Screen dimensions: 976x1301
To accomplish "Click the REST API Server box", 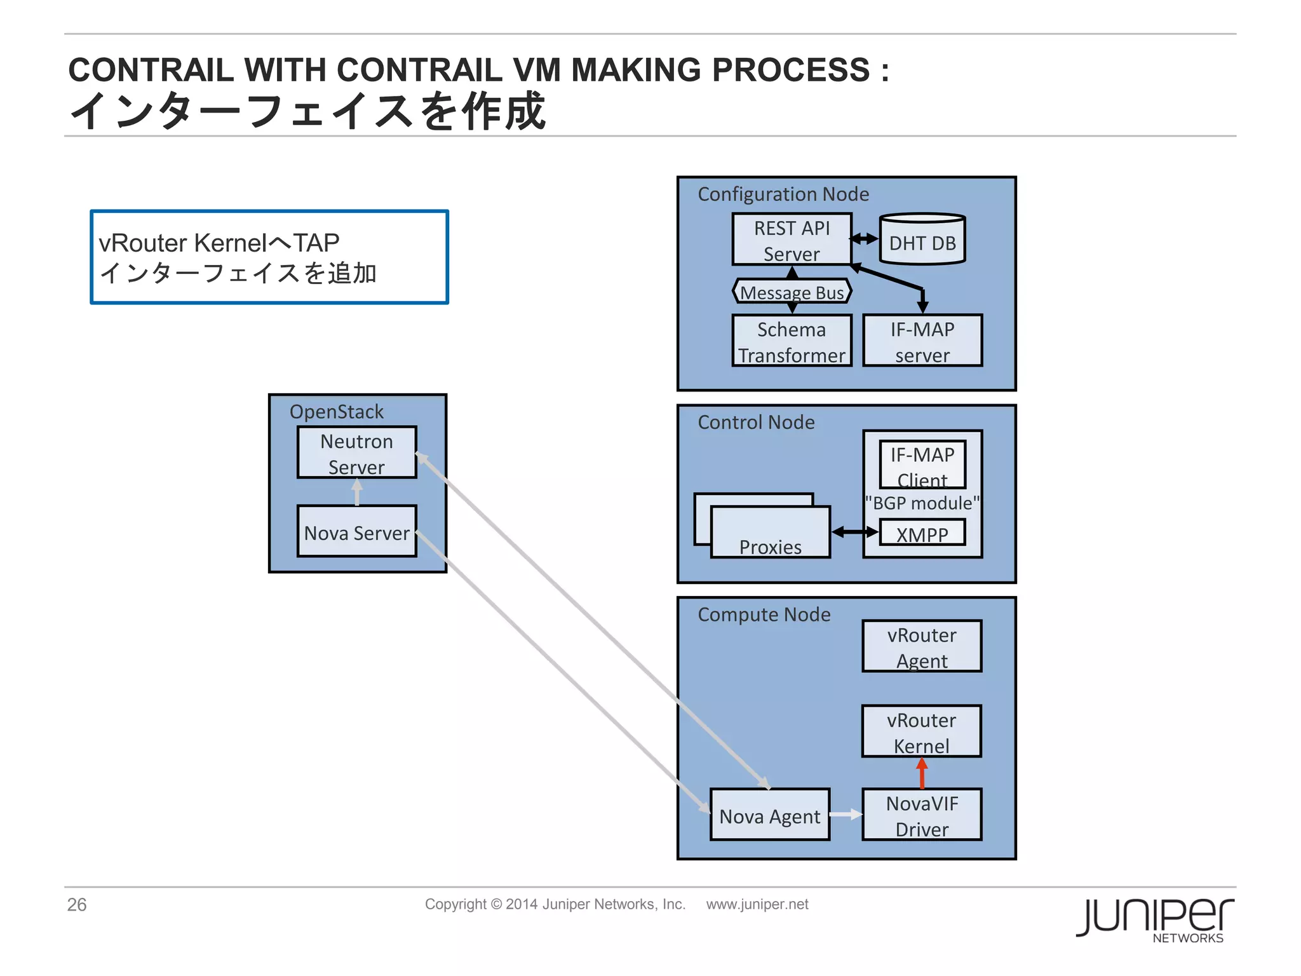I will tap(792, 240).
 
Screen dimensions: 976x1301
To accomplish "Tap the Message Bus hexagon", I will tap(792, 292).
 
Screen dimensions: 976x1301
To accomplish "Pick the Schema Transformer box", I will tap(792, 341).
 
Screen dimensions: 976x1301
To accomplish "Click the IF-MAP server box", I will tap(922, 341).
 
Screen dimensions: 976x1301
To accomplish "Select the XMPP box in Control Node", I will tap(922, 533).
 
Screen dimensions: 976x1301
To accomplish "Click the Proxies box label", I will tap(770, 546).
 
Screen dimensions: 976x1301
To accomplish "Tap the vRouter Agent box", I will tap(922, 646).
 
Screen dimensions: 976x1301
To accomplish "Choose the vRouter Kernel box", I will tap(921, 731).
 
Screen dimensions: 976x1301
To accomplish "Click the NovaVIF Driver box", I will tap(922, 815).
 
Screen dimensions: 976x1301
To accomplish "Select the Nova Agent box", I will tap(769, 815).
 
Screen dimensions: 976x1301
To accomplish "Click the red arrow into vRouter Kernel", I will tap(922, 773).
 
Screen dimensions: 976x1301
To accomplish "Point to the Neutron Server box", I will tap(356, 452).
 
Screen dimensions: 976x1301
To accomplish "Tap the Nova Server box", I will tap(356, 532).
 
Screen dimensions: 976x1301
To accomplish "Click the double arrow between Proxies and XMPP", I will tap(854, 532).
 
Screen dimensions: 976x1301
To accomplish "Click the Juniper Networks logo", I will tap(1155, 919).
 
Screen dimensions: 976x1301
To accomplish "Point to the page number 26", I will tap(77, 904).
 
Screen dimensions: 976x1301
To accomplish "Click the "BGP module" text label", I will tap(922, 503).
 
